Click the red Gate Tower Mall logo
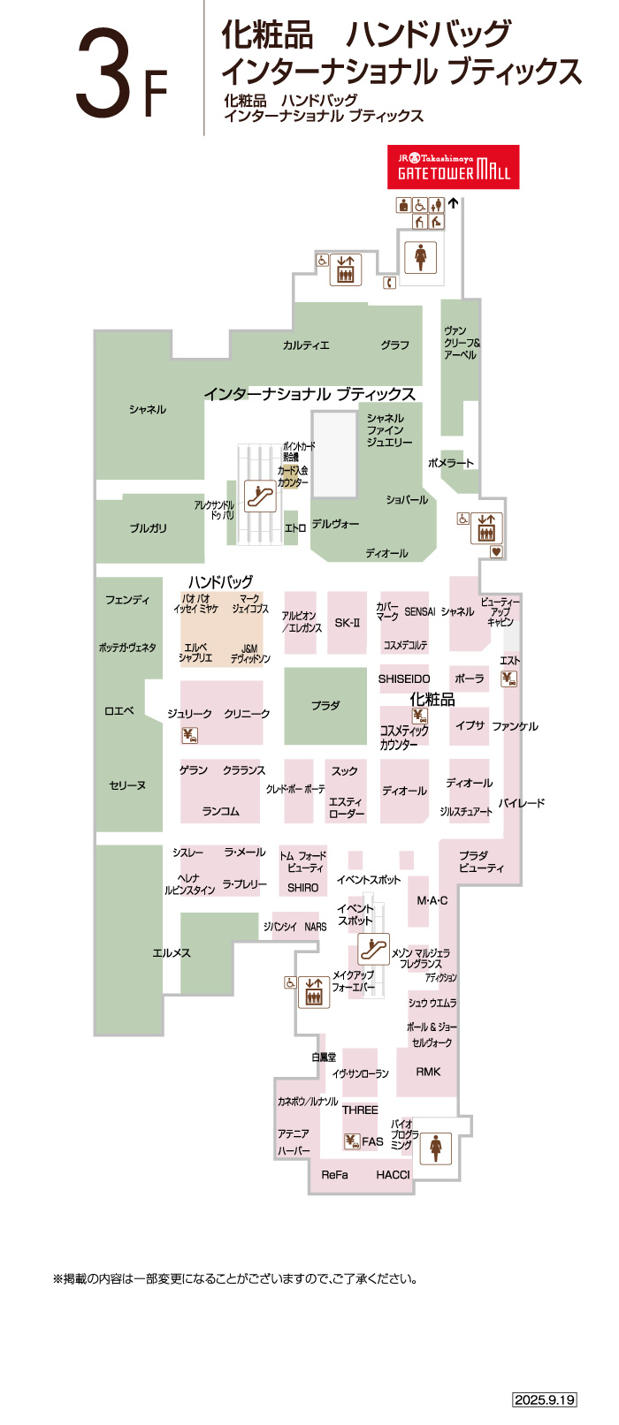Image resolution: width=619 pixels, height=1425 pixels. point(453,167)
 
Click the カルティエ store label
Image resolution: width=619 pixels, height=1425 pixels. point(306,345)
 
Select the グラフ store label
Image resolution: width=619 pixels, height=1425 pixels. point(395,345)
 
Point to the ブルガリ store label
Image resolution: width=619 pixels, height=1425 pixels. point(148,528)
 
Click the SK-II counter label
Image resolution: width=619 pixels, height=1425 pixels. point(347,623)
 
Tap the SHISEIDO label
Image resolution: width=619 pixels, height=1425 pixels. point(404,679)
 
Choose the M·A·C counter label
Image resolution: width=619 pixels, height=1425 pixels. point(432,900)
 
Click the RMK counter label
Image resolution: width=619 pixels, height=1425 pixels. point(428,1072)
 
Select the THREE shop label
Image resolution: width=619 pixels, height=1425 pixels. point(360,1110)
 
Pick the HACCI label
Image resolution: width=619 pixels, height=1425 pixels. point(393,1175)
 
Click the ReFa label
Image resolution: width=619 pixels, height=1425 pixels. point(334,1175)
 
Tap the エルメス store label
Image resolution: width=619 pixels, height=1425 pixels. point(171,953)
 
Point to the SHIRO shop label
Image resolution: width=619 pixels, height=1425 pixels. point(302,888)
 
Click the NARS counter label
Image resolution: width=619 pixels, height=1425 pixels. point(316,927)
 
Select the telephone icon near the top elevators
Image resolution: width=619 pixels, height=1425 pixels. point(389,283)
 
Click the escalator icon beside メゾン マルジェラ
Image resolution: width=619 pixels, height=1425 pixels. point(374,950)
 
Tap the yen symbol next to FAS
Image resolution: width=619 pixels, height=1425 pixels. point(352,1141)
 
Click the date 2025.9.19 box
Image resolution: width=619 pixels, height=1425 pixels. point(545,1399)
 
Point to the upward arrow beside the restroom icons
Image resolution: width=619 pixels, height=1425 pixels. point(454,203)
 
